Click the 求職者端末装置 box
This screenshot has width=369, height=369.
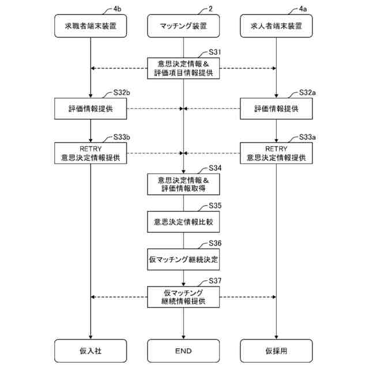[x=91, y=26]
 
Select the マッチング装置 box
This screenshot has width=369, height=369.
[x=183, y=26]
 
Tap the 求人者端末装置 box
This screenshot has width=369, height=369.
[x=277, y=26]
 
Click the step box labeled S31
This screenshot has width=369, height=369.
[x=183, y=69]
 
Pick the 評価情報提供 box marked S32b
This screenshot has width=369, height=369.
[x=91, y=108]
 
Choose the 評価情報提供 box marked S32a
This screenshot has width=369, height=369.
[x=277, y=108]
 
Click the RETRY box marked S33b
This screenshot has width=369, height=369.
[x=91, y=153]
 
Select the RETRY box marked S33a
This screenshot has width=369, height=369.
[x=277, y=153]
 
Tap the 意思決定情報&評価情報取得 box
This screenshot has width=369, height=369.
[x=183, y=184]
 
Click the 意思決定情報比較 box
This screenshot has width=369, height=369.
[x=183, y=221]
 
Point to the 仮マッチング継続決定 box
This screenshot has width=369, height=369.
[x=183, y=259]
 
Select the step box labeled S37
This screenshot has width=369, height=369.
[x=183, y=297]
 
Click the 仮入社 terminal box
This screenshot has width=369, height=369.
[x=91, y=350]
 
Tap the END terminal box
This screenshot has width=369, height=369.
[x=183, y=350]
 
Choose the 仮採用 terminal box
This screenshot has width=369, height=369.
[x=277, y=350]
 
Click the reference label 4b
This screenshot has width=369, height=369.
[x=118, y=9]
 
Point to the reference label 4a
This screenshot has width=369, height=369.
[x=303, y=9]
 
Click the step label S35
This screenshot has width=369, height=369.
[x=215, y=205]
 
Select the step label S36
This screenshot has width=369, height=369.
[x=215, y=243]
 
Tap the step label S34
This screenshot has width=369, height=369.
[x=215, y=168]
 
